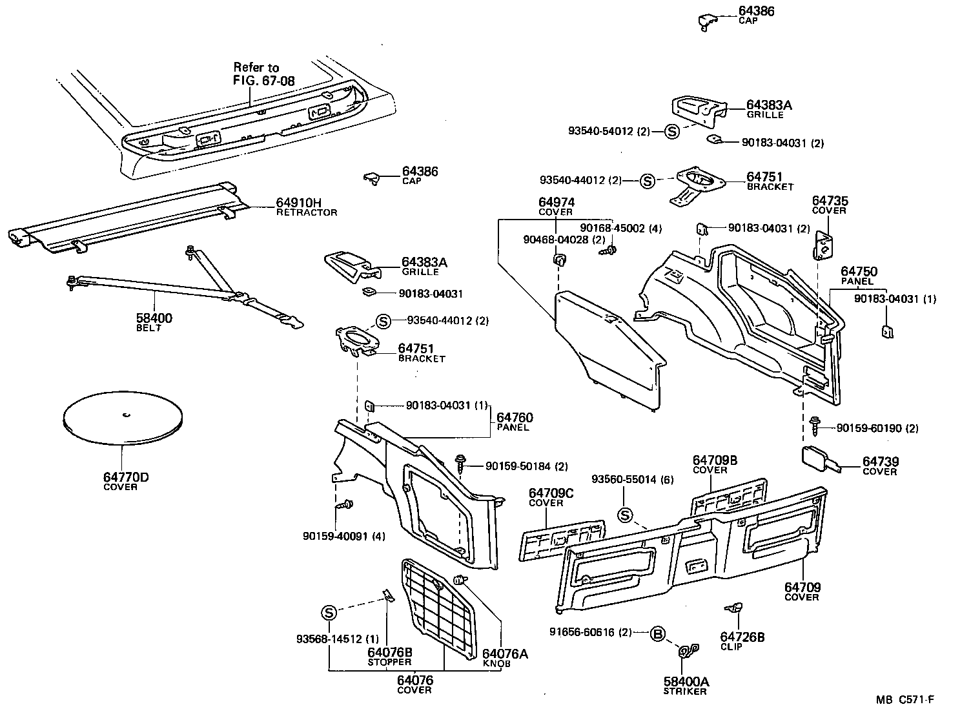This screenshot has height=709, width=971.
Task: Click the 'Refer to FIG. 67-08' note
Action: click(257, 74)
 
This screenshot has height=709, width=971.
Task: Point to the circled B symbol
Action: click(657, 633)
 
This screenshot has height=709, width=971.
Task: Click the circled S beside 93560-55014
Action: click(624, 515)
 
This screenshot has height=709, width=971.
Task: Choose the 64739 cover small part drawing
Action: click(819, 460)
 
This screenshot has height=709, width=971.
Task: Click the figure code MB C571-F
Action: click(905, 699)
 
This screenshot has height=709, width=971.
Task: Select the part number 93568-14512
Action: click(329, 640)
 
